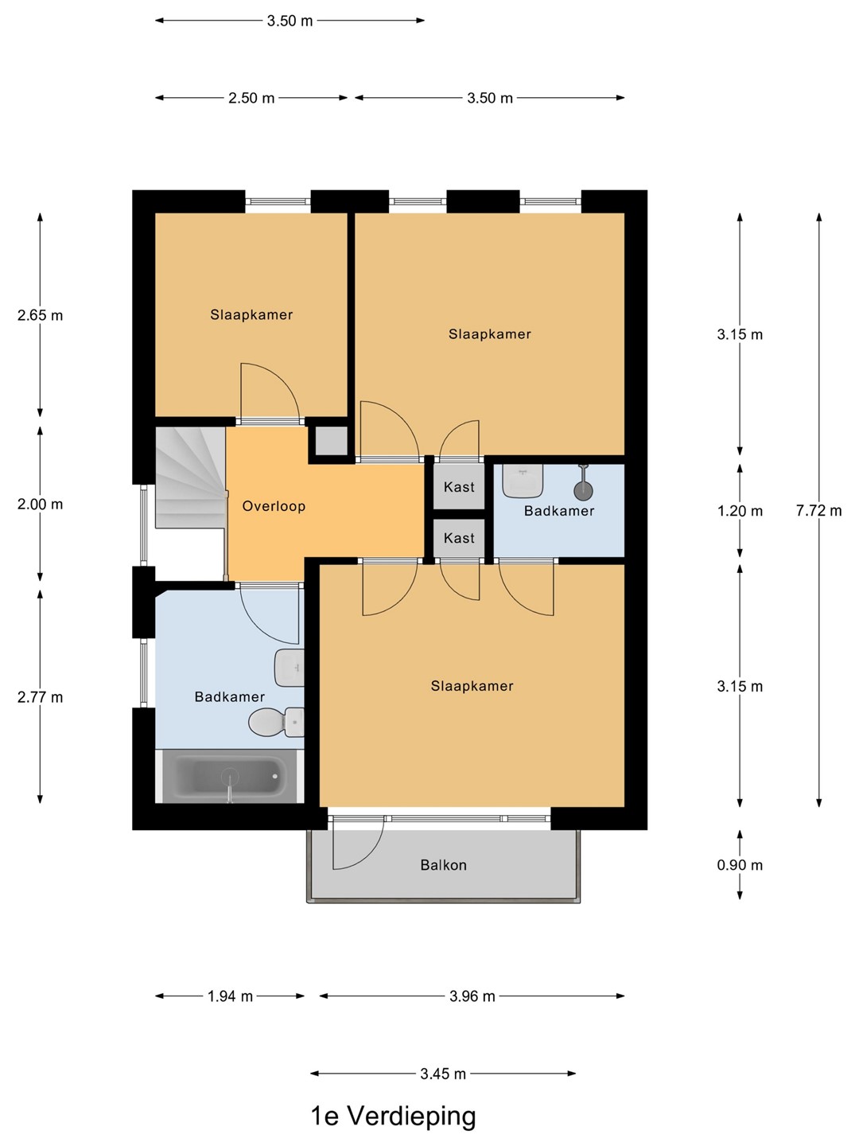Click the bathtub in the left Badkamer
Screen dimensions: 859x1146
(230, 776)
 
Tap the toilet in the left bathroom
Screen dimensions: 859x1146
(276, 722)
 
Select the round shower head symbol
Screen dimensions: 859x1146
(584, 490)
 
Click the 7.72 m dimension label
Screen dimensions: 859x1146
(818, 511)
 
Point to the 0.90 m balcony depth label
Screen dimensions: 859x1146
(740, 865)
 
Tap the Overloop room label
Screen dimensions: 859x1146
(274, 506)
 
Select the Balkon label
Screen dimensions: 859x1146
(443, 865)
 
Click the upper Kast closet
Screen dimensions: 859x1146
(459, 486)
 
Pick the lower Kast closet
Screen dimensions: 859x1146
(459, 538)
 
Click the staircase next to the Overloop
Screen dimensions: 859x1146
(190, 477)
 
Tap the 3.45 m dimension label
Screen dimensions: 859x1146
(443, 1074)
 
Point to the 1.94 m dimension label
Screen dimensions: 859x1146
(230, 996)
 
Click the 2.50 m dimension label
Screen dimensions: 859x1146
(251, 98)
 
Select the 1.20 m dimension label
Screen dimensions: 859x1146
(740, 511)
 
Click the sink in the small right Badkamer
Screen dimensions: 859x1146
(523, 481)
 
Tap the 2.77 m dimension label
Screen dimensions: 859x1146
(40, 697)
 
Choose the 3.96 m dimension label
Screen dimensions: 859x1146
(472, 996)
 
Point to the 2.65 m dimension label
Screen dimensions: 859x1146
(40, 315)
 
